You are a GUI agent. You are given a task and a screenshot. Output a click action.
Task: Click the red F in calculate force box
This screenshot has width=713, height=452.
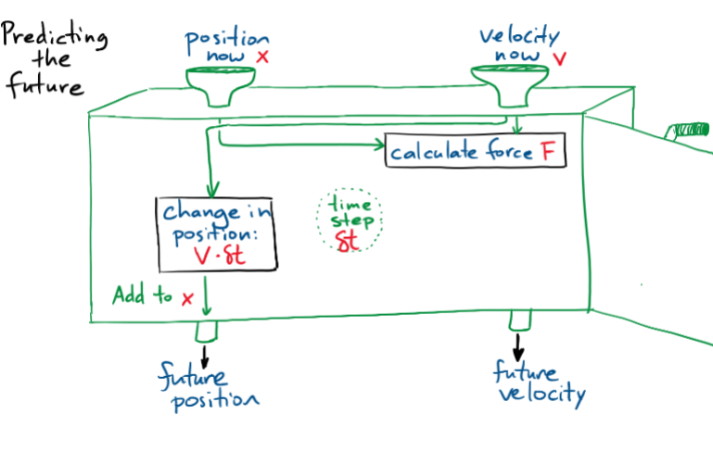coord(550,152)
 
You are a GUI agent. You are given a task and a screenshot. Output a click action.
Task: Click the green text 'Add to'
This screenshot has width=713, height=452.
coord(142,296)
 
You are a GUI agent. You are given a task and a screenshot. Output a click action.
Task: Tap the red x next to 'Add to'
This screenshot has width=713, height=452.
coord(187,298)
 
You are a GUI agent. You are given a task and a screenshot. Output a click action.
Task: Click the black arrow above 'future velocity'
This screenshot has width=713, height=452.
coord(518,348)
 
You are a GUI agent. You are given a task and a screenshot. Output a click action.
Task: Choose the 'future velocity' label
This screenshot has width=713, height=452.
coord(539,384)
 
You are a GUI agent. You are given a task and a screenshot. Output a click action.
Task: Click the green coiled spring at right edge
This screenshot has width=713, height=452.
coord(690,127)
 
